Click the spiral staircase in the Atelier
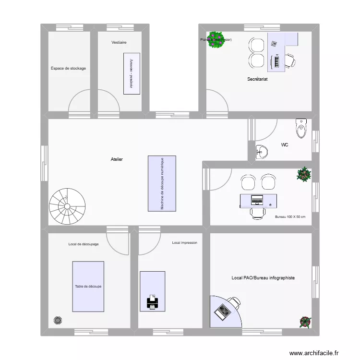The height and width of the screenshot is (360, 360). click(x=67, y=206)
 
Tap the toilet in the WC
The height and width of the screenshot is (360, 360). click(x=301, y=128)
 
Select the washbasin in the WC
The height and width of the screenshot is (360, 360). click(x=262, y=152)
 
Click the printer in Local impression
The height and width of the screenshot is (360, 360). click(x=152, y=302)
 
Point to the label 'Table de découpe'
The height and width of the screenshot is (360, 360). click(x=88, y=287)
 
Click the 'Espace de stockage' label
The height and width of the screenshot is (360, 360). click(x=68, y=69)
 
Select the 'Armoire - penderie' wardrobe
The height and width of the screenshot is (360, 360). click(x=131, y=73)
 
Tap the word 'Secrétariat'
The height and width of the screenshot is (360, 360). click(x=257, y=79)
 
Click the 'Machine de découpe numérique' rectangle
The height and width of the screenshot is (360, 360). click(x=162, y=183)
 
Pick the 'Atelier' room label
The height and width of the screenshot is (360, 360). click(x=117, y=159)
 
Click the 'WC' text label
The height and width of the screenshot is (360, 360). click(x=285, y=144)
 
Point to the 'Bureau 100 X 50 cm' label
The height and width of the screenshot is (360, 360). click(x=290, y=217)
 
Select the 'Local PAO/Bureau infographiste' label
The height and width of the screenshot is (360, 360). click(x=263, y=278)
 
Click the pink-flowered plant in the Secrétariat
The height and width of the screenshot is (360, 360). click(x=217, y=40)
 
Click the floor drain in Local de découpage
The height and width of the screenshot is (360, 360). click(x=58, y=320)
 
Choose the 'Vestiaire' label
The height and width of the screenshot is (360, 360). click(x=119, y=43)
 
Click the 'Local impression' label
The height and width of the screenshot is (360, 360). click(x=184, y=243)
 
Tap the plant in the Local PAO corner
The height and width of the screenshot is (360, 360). click(x=304, y=321)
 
